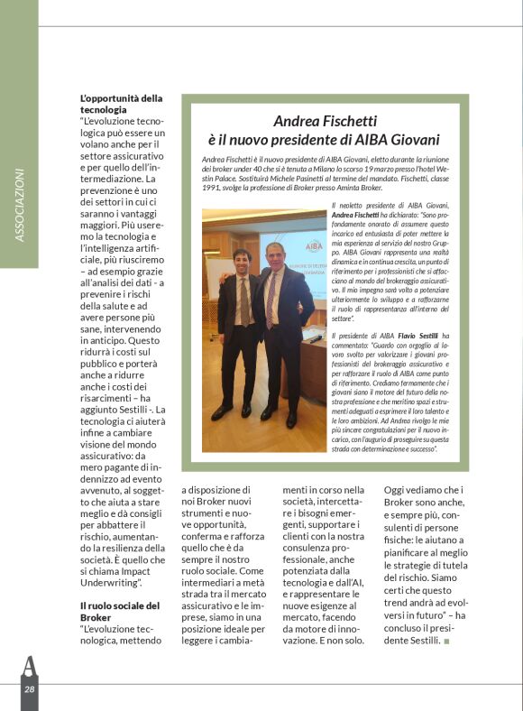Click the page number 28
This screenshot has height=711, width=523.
pyautogui.click(x=30, y=688)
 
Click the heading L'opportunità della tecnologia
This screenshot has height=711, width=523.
pyautogui.click(x=121, y=103)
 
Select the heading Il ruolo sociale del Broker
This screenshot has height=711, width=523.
pyautogui.click(x=120, y=611)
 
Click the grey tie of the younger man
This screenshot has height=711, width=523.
pyautogui.click(x=243, y=302)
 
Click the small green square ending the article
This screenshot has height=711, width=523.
pyautogui.click(x=446, y=642)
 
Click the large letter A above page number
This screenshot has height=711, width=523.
pyautogui.click(x=30, y=665)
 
